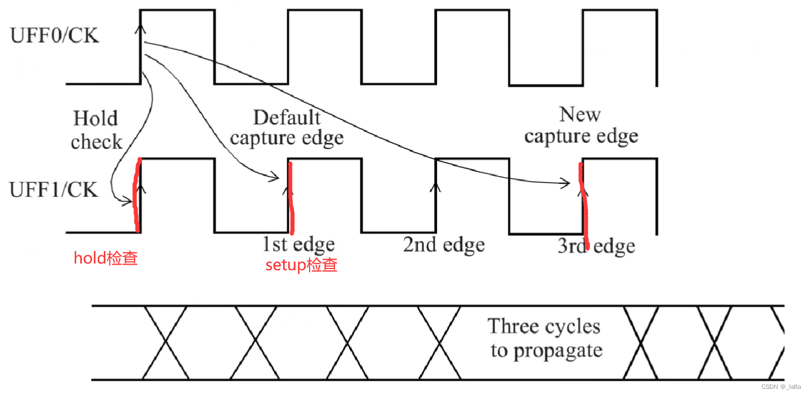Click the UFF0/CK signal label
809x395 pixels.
[x=54, y=36]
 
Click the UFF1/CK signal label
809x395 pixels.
[x=54, y=189]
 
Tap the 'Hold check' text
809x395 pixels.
[x=96, y=130]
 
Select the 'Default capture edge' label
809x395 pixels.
[x=286, y=128]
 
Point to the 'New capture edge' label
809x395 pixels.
[x=581, y=125]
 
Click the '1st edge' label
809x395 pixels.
[x=298, y=245]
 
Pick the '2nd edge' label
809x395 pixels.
[x=444, y=245]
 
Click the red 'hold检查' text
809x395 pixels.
[x=106, y=258]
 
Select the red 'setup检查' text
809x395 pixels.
[x=301, y=265]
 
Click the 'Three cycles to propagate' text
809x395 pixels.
[x=545, y=338]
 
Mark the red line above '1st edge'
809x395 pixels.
[x=290, y=196]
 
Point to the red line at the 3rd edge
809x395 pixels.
[x=584, y=204]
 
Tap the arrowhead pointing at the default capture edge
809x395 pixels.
[x=275, y=178]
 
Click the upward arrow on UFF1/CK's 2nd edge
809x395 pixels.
[x=435, y=188]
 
